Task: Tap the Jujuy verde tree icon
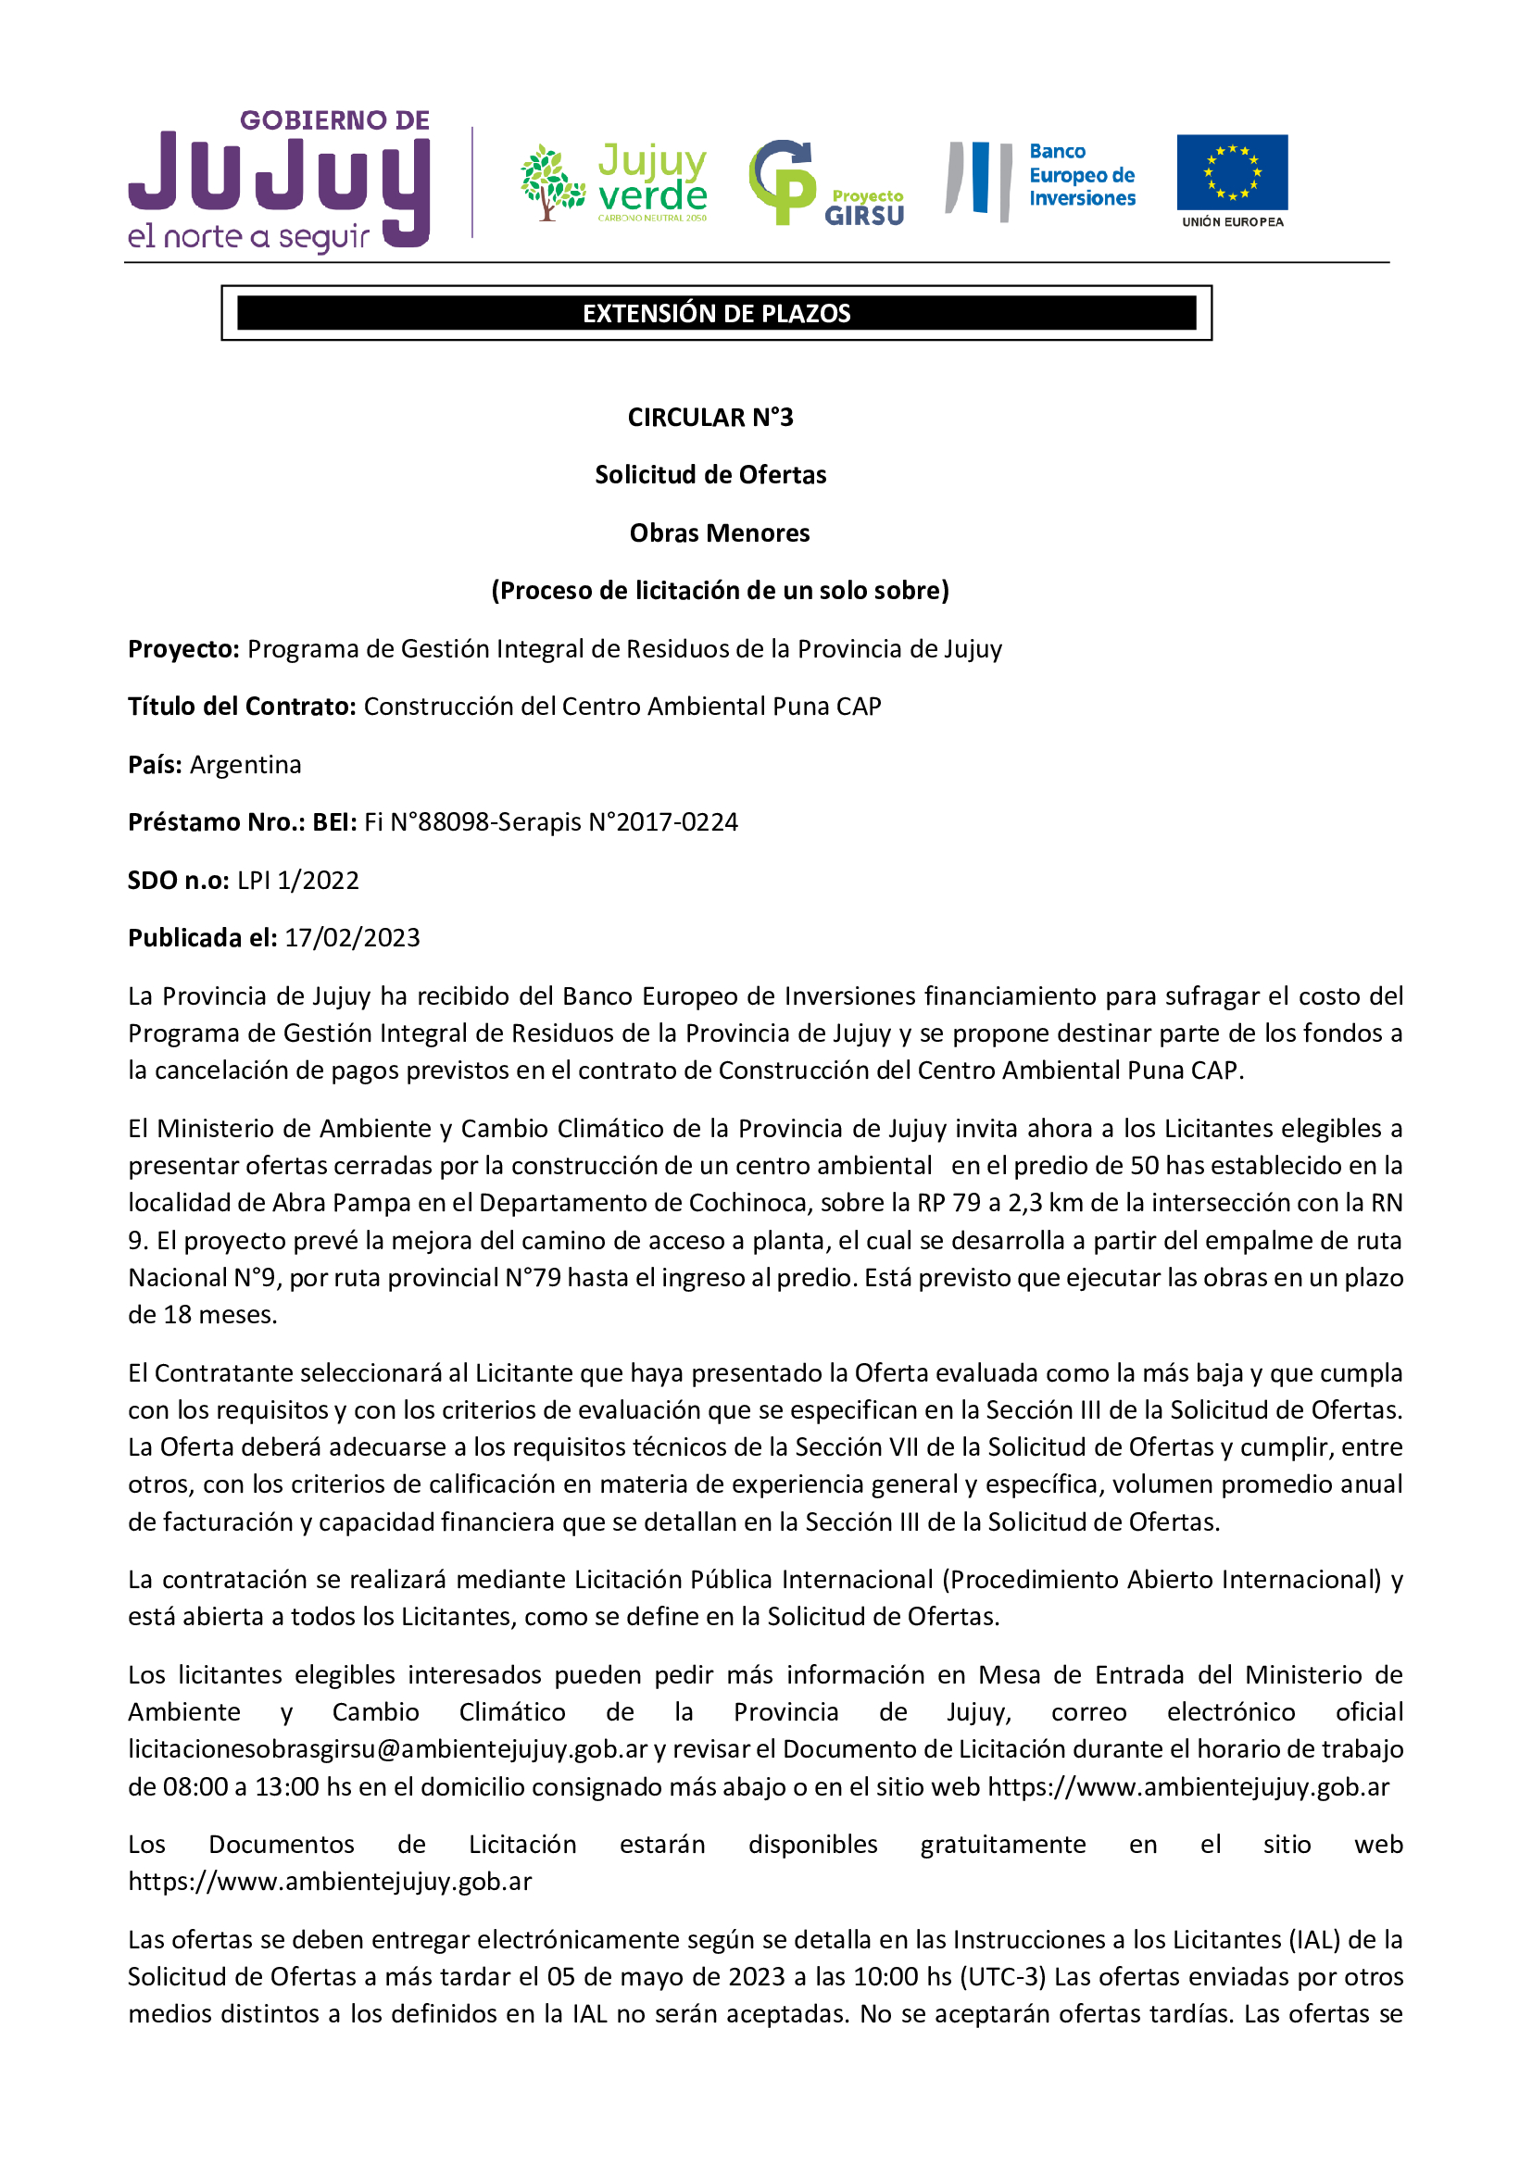tap(552, 182)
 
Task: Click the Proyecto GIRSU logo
tap(825, 184)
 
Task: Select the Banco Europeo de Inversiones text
tap(1081, 175)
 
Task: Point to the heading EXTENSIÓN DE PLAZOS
tap(716, 313)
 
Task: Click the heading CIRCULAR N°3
tap(710, 417)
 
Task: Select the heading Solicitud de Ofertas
tap(710, 474)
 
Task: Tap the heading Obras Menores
tap(719, 533)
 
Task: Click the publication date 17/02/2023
tap(352, 938)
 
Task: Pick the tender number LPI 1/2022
tap(298, 880)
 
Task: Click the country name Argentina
tap(245, 764)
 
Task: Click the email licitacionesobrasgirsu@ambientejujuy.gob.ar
tap(388, 1749)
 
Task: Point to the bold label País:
tap(155, 764)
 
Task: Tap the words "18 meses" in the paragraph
tap(218, 1315)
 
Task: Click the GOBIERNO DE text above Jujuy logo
tap(335, 120)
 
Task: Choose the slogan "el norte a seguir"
tap(248, 237)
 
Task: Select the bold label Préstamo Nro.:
tap(216, 822)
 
